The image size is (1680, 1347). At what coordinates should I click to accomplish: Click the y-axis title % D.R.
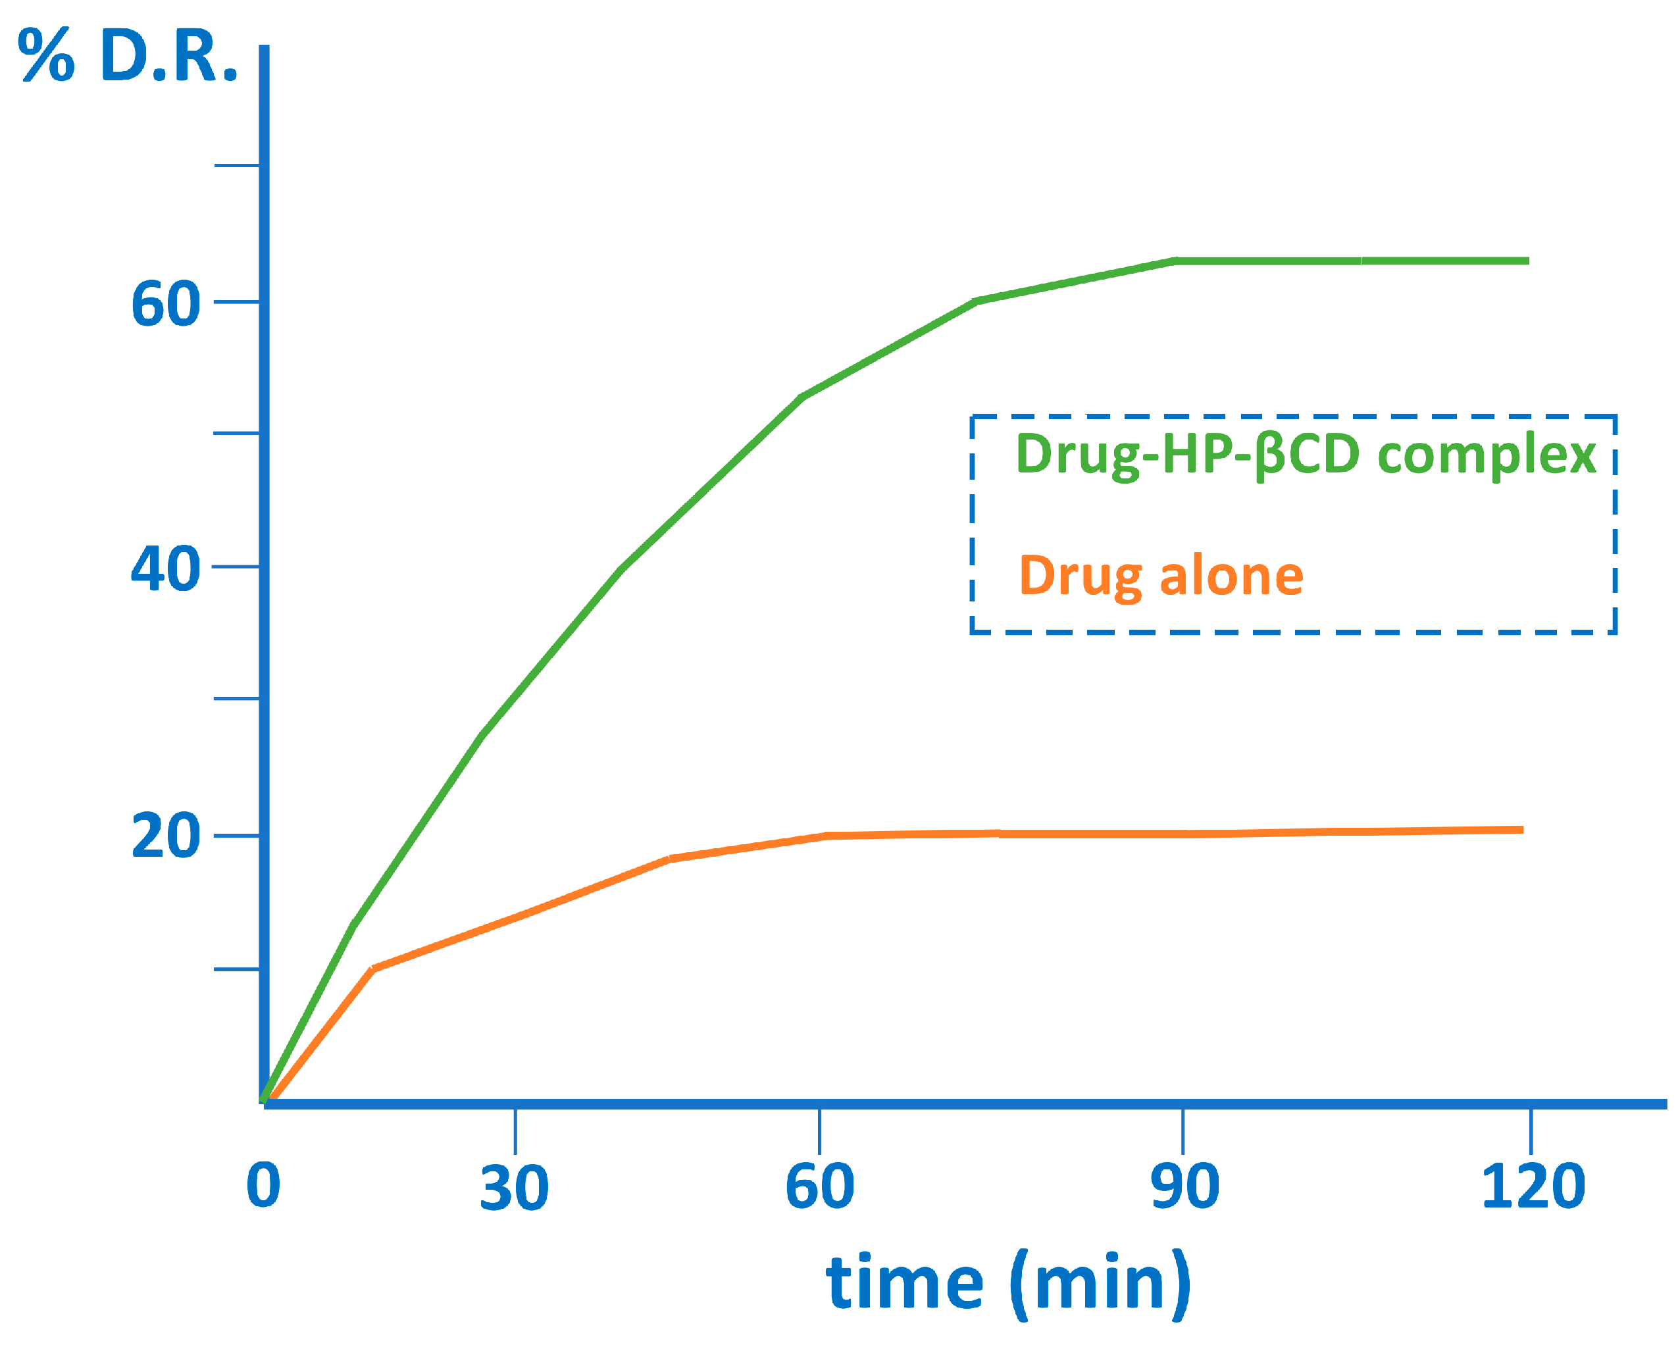point(127,56)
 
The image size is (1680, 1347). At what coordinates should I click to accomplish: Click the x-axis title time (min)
point(1007,1283)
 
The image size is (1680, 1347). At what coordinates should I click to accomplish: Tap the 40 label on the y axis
point(165,569)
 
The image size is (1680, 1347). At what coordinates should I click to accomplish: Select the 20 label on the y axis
point(165,836)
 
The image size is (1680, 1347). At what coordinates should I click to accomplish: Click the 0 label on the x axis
point(263,1186)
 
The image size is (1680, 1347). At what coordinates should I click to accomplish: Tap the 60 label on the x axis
point(820,1186)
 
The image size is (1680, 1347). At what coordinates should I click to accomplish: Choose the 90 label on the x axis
point(1184,1186)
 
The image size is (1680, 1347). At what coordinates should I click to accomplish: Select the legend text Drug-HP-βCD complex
point(1306,453)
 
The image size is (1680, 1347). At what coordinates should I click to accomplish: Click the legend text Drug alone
point(1161,576)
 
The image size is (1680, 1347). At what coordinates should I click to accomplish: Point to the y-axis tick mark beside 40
point(236,567)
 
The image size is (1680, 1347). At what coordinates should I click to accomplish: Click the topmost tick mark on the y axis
point(236,165)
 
